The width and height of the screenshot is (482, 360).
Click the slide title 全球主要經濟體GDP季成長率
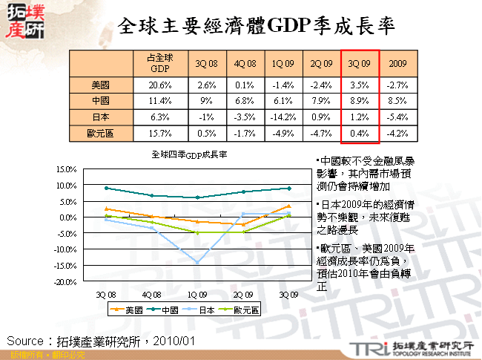coord(256,27)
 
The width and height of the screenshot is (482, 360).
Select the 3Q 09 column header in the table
coord(360,64)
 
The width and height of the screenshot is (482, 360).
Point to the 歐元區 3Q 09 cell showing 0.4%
coord(360,134)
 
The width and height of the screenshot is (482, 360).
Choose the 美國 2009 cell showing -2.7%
coord(397,85)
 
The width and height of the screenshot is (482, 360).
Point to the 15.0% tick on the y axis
coord(67,170)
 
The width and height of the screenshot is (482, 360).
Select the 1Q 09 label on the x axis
coord(197,294)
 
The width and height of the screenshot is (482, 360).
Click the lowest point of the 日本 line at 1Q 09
coord(197,262)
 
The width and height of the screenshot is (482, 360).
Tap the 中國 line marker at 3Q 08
coord(107,188)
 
